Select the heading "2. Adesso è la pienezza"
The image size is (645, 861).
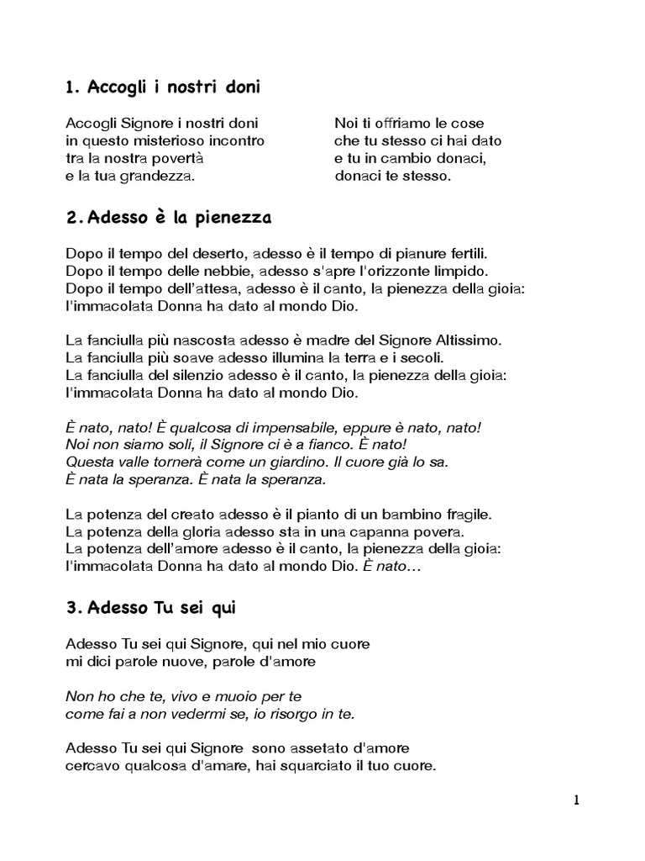[x=168, y=219]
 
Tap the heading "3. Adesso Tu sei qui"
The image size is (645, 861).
[x=155, y=605]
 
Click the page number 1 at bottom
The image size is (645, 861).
[x=576, y=800]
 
